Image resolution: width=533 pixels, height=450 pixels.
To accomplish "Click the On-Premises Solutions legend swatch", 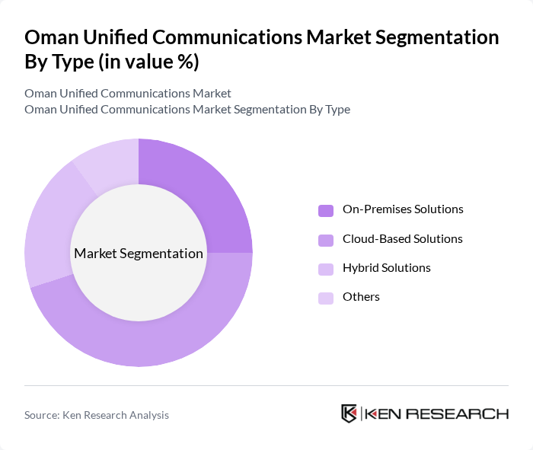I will [326, 210].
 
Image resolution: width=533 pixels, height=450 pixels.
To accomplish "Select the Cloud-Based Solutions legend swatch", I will [326, 240].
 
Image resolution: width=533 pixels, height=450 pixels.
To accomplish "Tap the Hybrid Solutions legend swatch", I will [326, 269].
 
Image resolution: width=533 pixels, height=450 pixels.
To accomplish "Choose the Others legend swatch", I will [326, 298].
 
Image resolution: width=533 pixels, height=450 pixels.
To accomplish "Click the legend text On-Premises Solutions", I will [403, 209].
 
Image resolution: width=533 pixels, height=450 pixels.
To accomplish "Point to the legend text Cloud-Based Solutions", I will [402, 239].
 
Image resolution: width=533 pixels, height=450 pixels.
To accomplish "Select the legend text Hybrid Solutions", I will [387, 268].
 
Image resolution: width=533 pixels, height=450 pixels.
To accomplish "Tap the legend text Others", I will [361, 297].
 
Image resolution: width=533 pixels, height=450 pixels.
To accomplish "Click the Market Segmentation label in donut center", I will [139, 254].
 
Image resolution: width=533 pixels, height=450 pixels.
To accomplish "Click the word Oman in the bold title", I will [50, 37].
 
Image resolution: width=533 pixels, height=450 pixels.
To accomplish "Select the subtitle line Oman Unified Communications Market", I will [128, 94].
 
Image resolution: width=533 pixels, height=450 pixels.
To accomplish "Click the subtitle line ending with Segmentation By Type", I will [187, 109].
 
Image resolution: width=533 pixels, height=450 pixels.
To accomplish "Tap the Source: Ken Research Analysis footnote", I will [97, 415].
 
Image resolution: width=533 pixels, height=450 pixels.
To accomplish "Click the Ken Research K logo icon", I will [349, 413].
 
